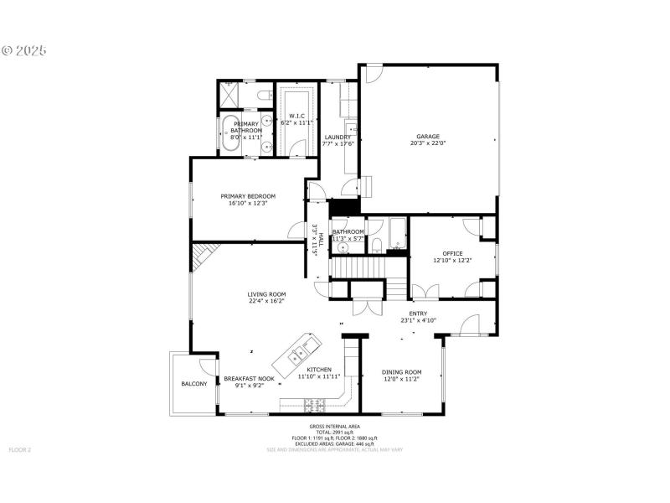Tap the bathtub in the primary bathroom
point(230,134)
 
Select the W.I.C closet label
point(296,115)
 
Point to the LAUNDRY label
point(338,137)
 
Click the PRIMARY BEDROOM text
point(248,196)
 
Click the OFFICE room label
point(452,253)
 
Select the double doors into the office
point(426,292)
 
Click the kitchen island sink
point(297,355)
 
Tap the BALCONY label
point(193,385)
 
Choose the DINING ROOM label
point(402,372)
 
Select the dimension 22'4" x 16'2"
point(266,302)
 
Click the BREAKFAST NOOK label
point(249,379)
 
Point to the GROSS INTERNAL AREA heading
point(334,427)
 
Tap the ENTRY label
point(418,313)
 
